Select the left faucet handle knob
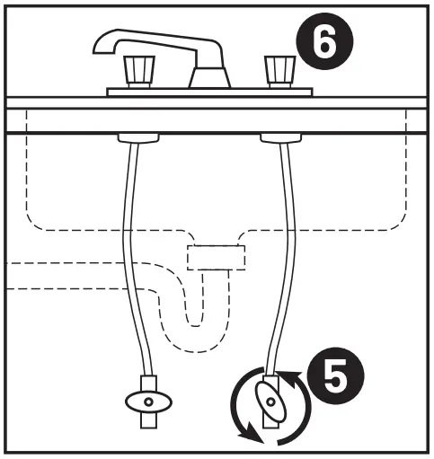click(139, 68)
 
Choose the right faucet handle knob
click(276, 68)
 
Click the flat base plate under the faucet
click(208, 92)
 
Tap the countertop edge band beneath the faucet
click(216, 120)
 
